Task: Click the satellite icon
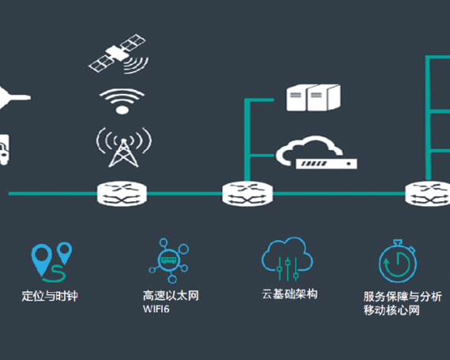117,54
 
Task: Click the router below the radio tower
122,193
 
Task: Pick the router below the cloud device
247,193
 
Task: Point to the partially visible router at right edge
428,193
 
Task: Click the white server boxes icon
313,98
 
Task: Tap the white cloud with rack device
317,152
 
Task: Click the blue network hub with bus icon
169,260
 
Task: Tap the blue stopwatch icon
398,261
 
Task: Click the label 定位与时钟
50,296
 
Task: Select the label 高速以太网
171,295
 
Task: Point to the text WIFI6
156,309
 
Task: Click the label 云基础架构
290,294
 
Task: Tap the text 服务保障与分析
403,297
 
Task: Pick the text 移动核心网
392,310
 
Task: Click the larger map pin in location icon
42,257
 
